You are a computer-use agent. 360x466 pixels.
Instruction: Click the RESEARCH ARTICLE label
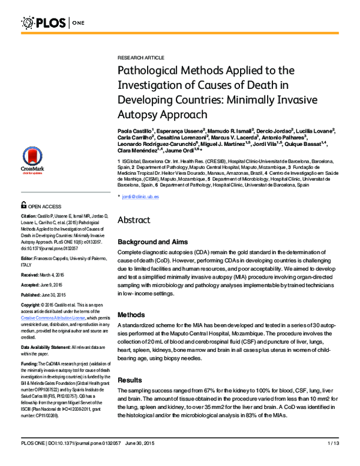140,57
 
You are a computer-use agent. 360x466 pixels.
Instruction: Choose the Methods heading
131,315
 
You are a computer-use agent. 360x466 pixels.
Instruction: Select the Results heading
130,380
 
